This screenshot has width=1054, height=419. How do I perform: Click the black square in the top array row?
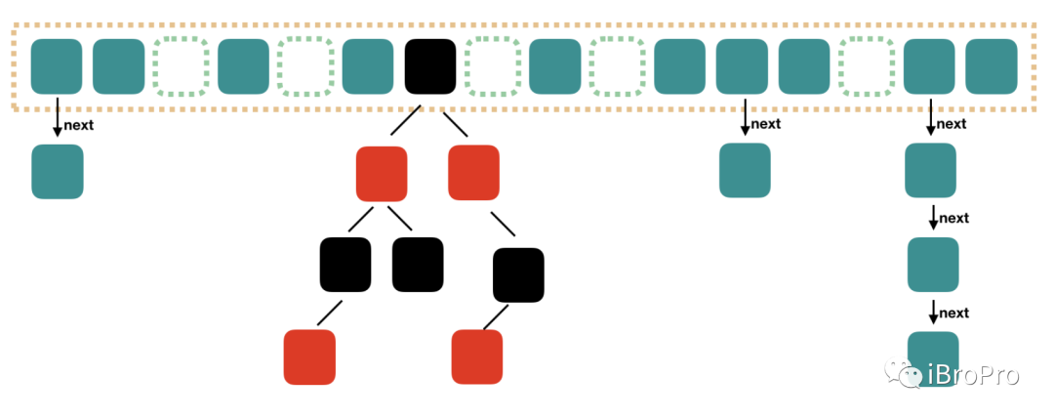430,66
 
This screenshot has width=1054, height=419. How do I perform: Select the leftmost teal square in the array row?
57,66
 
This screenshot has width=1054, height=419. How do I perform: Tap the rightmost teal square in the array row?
991,66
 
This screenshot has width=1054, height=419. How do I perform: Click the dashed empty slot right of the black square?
492,66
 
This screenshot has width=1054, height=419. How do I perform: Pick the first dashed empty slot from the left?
182,66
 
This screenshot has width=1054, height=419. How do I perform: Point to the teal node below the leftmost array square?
58,171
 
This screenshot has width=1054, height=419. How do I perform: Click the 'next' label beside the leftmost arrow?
78,124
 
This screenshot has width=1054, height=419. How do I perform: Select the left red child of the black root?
382,174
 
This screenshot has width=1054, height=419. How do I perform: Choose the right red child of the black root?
473,173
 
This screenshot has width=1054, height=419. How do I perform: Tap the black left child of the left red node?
345,264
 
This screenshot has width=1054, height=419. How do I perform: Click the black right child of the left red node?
418,264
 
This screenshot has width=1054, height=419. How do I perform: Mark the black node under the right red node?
517,274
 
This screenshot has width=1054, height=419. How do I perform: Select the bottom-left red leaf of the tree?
309,356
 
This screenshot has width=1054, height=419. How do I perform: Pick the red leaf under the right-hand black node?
477,356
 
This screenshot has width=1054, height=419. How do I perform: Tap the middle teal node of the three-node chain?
933,264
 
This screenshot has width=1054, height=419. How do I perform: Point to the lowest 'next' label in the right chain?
953,313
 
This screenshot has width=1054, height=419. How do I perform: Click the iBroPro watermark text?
973,375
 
